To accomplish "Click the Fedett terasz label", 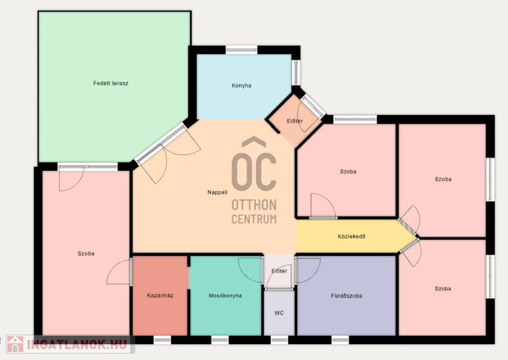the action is point(110,83).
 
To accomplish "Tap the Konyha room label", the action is point(241,86).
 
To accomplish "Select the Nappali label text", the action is point(217,192).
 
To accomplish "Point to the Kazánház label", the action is point(160,295).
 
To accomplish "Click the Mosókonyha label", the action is point(225,295).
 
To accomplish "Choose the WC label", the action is point(279,312).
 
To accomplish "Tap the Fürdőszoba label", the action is point(346,295).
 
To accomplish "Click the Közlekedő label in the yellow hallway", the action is point(352,236).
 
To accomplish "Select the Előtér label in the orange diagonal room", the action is point(295,121).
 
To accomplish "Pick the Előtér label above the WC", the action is point(279,271).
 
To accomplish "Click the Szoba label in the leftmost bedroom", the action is point(86,253).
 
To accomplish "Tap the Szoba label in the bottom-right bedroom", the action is point(443,288).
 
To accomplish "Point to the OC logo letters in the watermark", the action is point(254,165).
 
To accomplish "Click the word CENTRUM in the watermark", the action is point(254,219).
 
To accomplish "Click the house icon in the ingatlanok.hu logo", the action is point(15,343).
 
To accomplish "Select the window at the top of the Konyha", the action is point(241,50).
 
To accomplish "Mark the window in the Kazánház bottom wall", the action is point(162,340).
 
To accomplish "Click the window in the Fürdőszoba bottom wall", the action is point(340,340).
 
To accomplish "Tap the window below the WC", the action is point(279,340).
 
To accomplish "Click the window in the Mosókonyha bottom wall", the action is point(220,340).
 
